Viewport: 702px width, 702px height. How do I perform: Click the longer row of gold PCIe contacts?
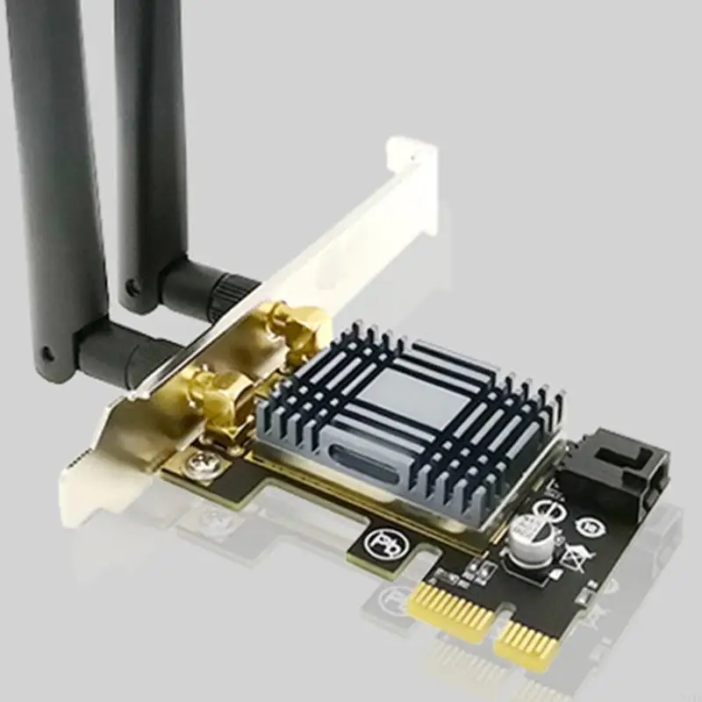click(x=451, y=611)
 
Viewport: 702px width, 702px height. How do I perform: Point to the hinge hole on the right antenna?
click(x=133, y=286)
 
